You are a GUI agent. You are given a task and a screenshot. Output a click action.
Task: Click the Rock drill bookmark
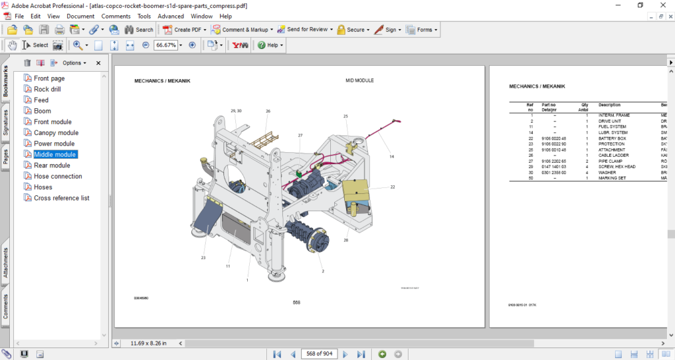click(47, 89)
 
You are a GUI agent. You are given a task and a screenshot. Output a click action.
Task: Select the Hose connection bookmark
click(58, 176)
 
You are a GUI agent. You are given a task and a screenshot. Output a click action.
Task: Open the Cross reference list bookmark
click(61, 198)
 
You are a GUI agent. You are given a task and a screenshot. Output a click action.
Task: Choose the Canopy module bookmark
click(56, 133)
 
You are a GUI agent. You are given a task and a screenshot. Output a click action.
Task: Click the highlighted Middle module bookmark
click(55, 154)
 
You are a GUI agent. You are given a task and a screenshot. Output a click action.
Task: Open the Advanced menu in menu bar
click(171, 16)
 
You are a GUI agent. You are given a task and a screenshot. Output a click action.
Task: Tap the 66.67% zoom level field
click(165, 45)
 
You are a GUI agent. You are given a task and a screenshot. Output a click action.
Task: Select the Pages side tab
click(6, 156)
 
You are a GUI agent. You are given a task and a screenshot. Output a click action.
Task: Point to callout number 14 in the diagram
click(391, 157)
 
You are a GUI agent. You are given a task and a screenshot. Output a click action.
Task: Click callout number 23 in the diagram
click(204, 257)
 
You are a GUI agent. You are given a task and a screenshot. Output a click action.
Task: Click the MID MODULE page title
click(359, 80)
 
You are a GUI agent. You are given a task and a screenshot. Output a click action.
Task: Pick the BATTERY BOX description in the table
click(612, 138)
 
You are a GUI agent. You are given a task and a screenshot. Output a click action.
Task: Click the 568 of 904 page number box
click(318, 354)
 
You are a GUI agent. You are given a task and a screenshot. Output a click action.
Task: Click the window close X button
click(661, 5)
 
